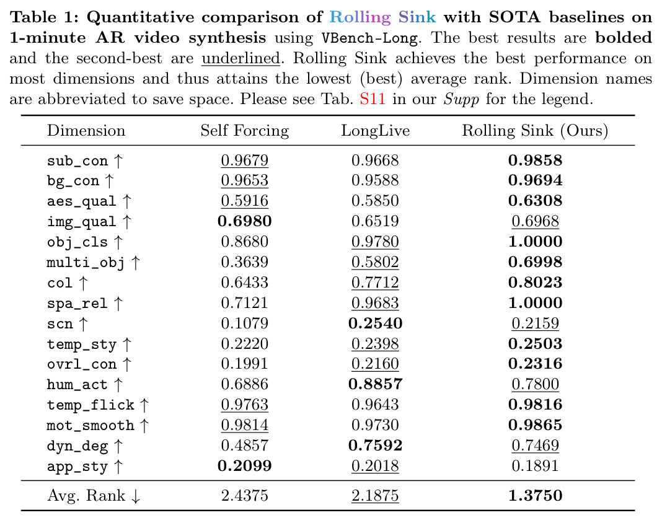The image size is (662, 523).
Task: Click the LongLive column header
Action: coord(376,130)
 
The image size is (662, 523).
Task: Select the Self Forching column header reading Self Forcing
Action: coord(244,131)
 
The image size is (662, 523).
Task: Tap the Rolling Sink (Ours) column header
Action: coord(535,131)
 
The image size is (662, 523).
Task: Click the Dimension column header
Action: coord(86,130)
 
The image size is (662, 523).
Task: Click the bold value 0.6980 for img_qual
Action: coord(244,221)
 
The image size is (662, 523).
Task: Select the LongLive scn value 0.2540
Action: coord(376,323)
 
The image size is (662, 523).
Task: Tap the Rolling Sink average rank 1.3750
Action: coord(535,496)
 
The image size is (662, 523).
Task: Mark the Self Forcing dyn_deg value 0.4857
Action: coord(244,446)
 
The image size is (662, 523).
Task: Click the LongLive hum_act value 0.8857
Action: coord(376,384)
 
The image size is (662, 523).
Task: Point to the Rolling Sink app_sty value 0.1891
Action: coord(535,466)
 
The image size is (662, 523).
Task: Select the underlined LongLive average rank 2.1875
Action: coord(375,496)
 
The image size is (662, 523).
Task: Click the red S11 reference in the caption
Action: coord(373,99)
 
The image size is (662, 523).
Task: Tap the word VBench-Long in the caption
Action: coord(369,38)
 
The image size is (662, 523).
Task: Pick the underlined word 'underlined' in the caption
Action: coord(241,58)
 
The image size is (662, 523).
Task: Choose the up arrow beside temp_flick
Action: coord(144,405)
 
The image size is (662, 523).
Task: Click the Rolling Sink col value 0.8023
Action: coord(535,283)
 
